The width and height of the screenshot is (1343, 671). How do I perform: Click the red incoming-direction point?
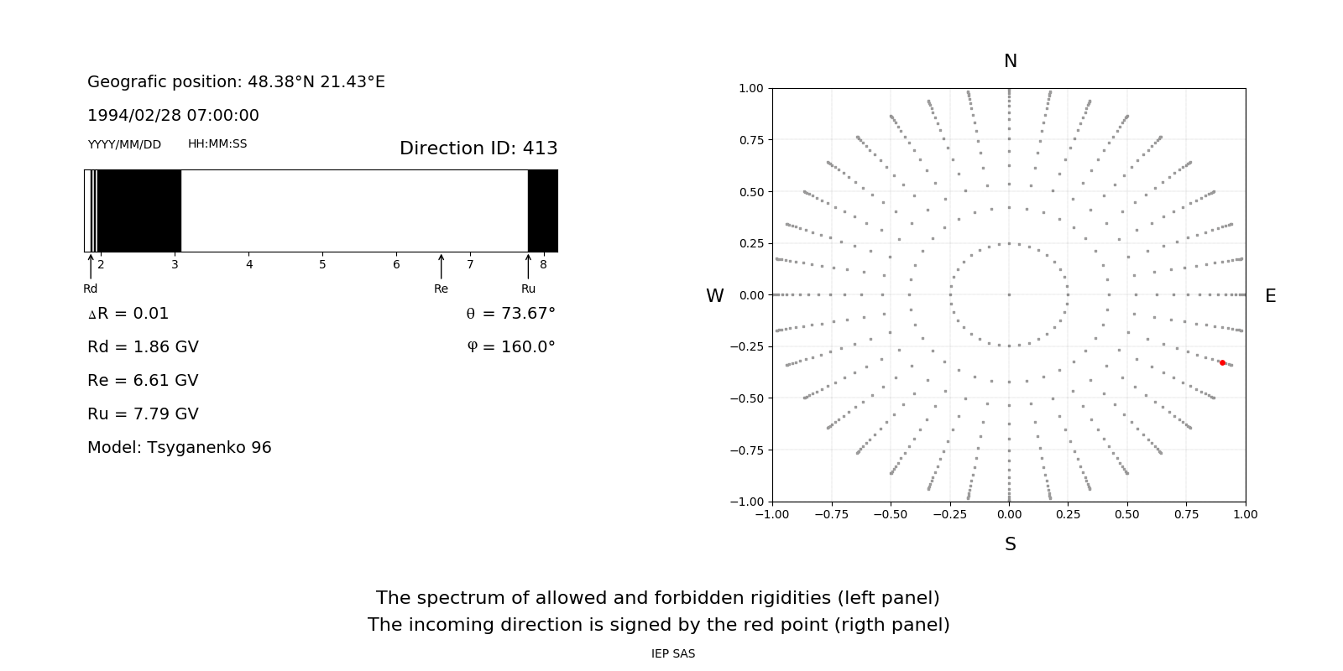(1222, 362)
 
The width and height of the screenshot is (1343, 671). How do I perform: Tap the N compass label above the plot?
(1010, 61)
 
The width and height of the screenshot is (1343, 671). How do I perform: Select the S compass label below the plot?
(1010, 544)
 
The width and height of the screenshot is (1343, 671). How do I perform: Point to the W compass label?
(714, 296)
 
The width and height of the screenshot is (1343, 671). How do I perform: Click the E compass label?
(1270, 296)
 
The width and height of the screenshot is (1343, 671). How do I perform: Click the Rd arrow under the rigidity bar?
(91, 267)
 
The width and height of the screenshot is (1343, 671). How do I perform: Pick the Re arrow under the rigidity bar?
(441, 267)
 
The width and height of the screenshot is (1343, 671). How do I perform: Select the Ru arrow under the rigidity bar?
(528, 267)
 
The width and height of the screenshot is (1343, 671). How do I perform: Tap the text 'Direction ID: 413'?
(478, 148)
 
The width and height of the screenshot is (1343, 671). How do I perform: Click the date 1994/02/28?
(128, 116)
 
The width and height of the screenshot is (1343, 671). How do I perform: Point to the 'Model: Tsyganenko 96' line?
(180, 448)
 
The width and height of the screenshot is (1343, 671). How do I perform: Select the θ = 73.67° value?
(510, 314)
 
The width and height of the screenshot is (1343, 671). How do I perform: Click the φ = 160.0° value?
(511, 347)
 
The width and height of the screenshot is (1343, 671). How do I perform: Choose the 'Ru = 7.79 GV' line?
(143, 414)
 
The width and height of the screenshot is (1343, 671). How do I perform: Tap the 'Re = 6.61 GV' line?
(143, 381)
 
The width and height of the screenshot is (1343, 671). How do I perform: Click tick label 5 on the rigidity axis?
(322, 265)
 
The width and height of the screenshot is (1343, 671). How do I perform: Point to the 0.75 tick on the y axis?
(751, 140)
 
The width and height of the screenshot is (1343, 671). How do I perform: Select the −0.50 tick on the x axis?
(891, 514)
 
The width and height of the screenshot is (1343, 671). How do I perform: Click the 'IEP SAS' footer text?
(673, 654)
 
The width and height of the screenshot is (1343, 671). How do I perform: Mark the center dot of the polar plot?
(1009, 294)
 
